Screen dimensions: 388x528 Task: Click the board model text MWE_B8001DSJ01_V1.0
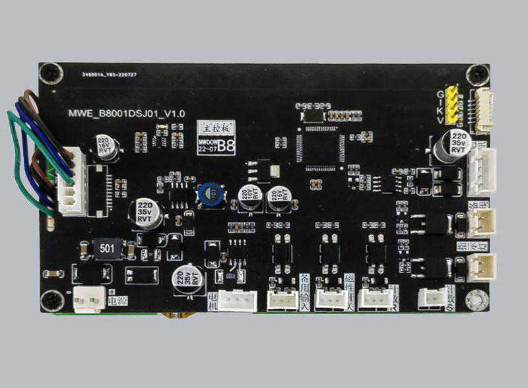[127, 113]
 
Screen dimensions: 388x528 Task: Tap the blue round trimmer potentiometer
[211, 193]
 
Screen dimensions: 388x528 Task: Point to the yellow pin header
[453, 105]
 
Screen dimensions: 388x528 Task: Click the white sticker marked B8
[217, 137]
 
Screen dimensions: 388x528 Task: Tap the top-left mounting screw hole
[52, 73]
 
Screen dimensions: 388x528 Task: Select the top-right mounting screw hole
[475, 73]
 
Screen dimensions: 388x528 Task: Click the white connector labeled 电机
[237, 301]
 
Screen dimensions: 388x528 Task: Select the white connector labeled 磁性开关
[331, 300]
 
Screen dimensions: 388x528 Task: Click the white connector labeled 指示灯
[479, 266]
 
